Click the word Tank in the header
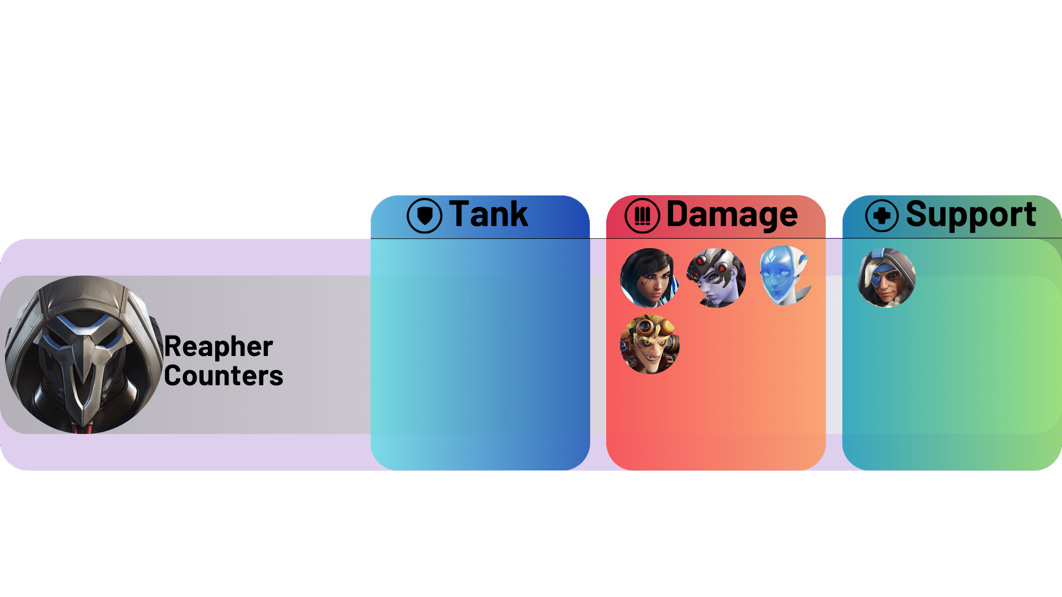[488, 214]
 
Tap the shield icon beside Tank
[424, 216]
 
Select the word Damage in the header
[732, 215]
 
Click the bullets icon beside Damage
[642, 216]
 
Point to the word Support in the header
[971, 215]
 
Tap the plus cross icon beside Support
[882, 216]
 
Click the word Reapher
[218, 347]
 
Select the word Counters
[223, 376]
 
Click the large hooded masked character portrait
[84, 354]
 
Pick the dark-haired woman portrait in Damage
[649, 277]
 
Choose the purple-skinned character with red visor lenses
[716, 278]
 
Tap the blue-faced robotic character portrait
[784, 275]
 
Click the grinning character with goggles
[650, 344]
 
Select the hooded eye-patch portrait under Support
[887, 277]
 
